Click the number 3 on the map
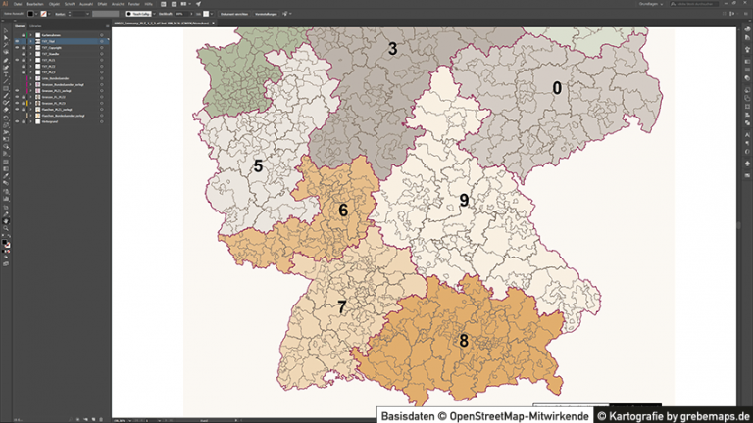point(392,48)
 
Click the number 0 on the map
point(557,88)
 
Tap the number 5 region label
point(258,166)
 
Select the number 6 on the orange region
point(343,210)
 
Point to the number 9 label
point(465,201)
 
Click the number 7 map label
point(341,306)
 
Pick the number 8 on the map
point(463,341)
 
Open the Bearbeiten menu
point(35,4)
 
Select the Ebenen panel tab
point(21,26)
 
